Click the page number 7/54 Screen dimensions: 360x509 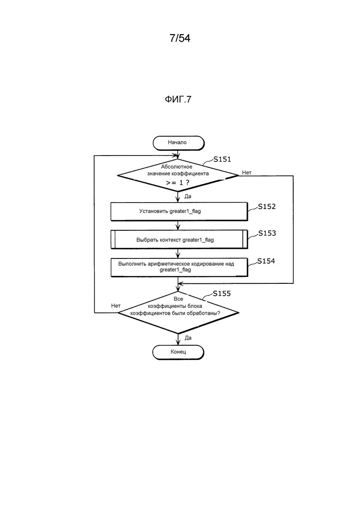coord(180,38)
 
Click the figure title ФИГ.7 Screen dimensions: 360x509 coord(178,99)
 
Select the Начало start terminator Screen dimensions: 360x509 coord(178,143)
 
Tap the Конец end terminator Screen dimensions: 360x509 coord(178,352)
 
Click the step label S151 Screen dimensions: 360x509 coord(222,159)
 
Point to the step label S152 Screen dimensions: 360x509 coord(266,206)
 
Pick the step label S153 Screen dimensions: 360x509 coord(267,233)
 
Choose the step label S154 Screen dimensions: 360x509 coord(266,261)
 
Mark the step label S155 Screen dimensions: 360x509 coord(222,293)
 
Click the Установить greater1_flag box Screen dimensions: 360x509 coord(179,212)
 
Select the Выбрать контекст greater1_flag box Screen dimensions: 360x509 coord(179,240)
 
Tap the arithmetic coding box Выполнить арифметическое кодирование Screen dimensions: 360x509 coord(179,267)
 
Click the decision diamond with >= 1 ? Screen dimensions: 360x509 coord(178,175)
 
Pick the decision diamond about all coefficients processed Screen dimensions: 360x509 coord(178,312)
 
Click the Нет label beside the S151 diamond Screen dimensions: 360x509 coord(247,173)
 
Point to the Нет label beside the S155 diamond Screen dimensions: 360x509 coord(116,306)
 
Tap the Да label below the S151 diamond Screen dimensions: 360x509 coord(188,197)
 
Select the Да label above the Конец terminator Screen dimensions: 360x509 coord(188,338)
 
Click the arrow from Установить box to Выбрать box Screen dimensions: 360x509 coord(178,226)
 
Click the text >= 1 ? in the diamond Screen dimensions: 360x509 coord(178,183)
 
